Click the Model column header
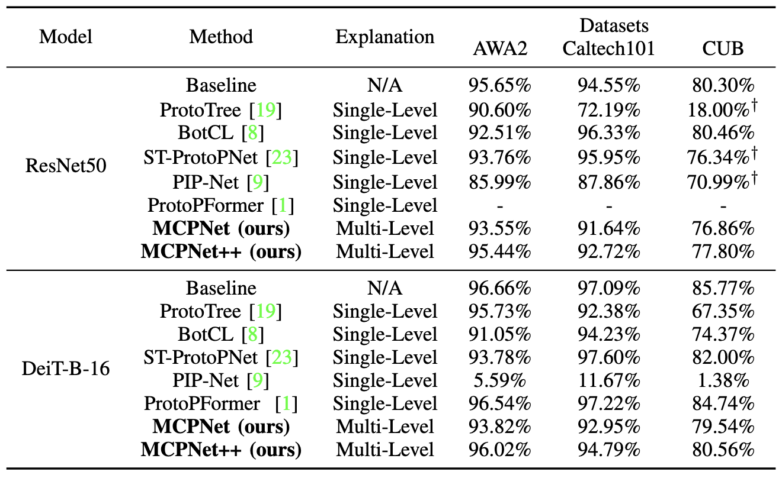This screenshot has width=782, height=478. pos(66,37)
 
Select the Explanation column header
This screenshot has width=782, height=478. pos(384,37)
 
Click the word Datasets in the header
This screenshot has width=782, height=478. pos(614,25)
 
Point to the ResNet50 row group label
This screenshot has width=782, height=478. pos(66,166)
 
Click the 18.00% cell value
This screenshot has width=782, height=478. pos(719,110)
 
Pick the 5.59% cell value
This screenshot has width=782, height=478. pos(500,380)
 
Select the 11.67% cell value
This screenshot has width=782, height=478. pos(608,380)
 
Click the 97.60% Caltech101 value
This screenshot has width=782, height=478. pos(608,357)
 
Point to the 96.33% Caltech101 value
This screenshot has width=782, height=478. pos(608,133)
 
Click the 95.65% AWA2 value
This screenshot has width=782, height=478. pos(500,86)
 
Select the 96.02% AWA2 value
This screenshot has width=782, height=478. pos(500,450)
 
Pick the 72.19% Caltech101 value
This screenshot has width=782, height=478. pos(608,110)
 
